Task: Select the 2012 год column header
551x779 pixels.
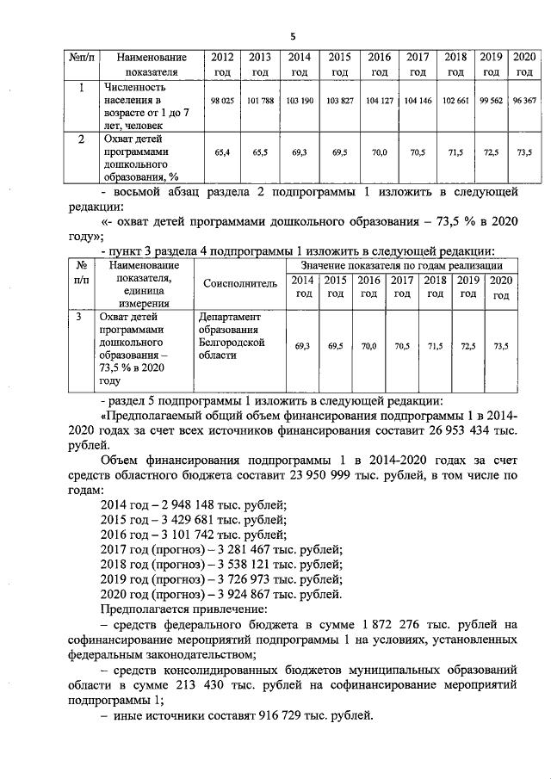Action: tap(222, 65)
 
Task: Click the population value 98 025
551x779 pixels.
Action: tap(222, 101)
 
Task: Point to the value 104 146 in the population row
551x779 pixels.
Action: tap(418, 101)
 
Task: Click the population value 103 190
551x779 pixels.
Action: tap(299, 101)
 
